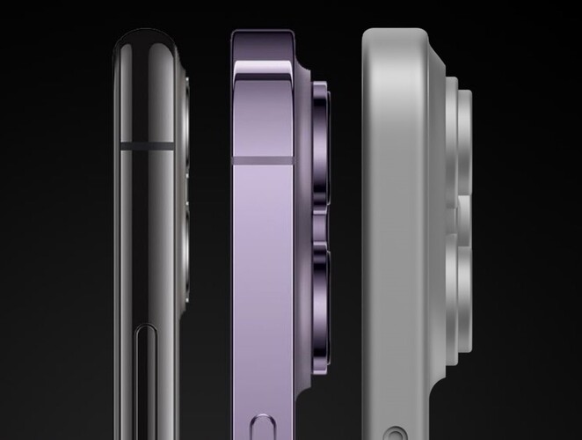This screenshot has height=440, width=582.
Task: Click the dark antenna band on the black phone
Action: (149, 142)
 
